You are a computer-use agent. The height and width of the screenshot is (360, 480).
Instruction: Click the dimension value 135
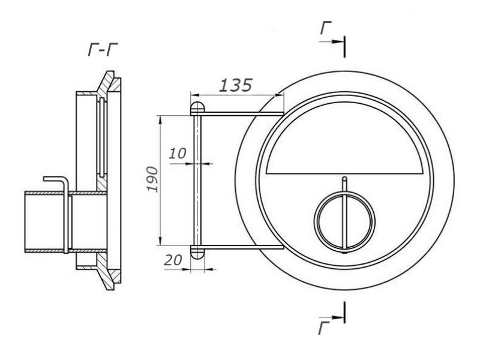point(236,85)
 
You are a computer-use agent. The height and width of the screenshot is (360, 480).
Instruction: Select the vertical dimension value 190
point(152,179)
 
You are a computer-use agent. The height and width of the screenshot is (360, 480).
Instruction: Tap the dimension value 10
point(177,153)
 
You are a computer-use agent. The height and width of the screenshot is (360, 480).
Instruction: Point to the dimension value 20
point(173,260)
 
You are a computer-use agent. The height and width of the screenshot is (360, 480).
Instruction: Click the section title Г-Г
point(103,50)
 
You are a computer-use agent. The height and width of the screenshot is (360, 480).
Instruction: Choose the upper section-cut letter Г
point(326,28)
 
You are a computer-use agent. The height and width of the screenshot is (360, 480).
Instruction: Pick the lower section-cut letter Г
point(324,328)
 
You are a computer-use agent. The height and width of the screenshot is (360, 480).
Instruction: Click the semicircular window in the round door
point(345,138)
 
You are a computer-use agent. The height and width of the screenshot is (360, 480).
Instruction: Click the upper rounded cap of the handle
point(197,108)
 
